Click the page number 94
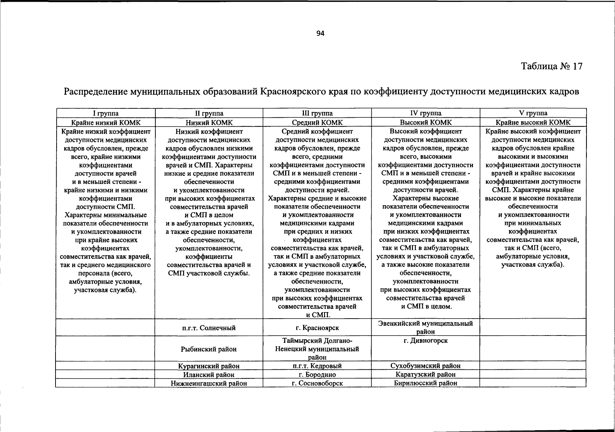tap(320, 33)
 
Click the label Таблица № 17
tap(551, 66)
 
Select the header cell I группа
tap(106, 113)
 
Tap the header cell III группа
tap(317, 113)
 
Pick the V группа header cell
tap(533, 113)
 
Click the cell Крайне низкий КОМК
tap(106, 123)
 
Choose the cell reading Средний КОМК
tap(317, 123)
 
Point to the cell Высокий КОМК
tap(425, 123)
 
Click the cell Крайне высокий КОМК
tap(533, 123)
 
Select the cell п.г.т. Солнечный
tap(209, 328)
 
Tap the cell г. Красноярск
tap(317, 328)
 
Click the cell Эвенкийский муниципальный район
tap(425, 327)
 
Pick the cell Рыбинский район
tap(209, 349)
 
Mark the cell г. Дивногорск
tap(425, 341)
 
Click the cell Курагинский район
tap(209, 366)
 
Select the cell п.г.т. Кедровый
tap(317, 366)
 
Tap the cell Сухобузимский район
tap(425, 366)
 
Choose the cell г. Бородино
tap(317, 375)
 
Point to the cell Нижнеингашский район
tap(209, 383)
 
